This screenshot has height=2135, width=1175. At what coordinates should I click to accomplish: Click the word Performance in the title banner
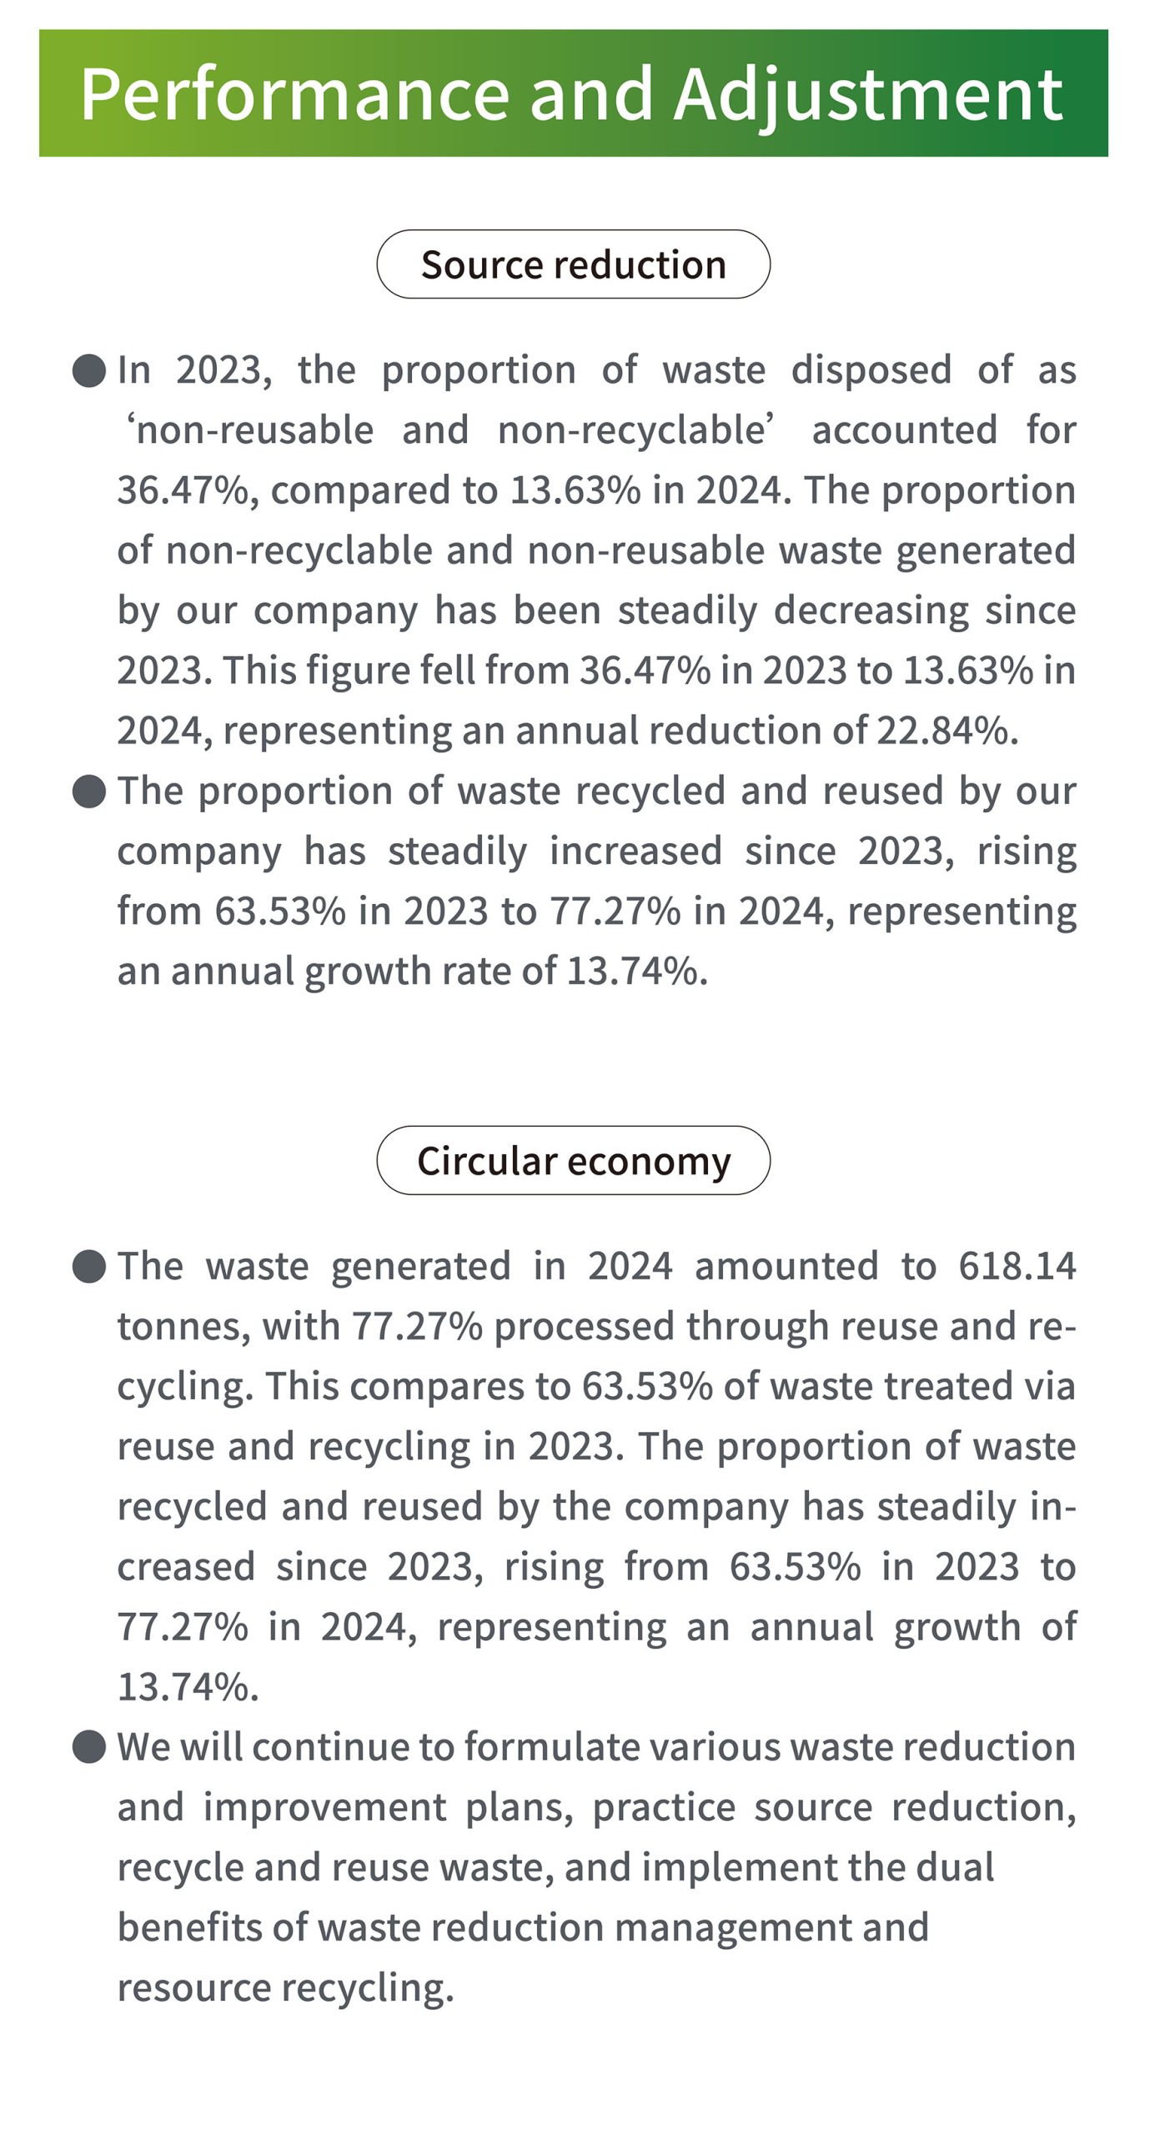294,93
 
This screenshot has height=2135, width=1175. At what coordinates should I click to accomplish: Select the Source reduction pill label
574,264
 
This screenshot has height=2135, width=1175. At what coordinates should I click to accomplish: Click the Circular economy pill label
574,1161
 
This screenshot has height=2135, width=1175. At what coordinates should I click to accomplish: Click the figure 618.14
1017,1266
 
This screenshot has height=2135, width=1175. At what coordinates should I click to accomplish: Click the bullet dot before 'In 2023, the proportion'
89,370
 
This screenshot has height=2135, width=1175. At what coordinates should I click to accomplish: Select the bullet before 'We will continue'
89,1747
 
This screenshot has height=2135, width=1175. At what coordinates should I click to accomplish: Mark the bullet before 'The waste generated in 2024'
89,1267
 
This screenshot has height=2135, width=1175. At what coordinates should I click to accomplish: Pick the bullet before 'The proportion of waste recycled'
89,791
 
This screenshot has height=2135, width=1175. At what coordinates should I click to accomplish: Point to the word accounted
905,430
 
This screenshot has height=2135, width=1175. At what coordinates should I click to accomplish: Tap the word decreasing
871,611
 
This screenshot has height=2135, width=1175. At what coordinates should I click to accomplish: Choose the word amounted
786,1266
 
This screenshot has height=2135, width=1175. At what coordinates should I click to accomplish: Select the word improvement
324,1808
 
